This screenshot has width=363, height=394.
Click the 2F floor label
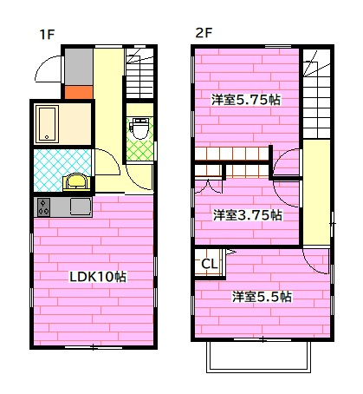(x=203, y=35)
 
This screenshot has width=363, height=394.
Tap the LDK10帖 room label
(x=98, y=277)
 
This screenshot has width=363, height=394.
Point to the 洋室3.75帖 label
(x=248, y=214)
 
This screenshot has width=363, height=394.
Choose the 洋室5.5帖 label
(x=261, y=297)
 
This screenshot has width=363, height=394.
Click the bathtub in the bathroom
(x=48, y=123)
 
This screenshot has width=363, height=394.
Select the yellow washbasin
(x=77, y=182)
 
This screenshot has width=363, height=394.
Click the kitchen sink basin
(x=79, y=207)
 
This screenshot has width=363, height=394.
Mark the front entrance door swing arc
(x=50, y=68)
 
